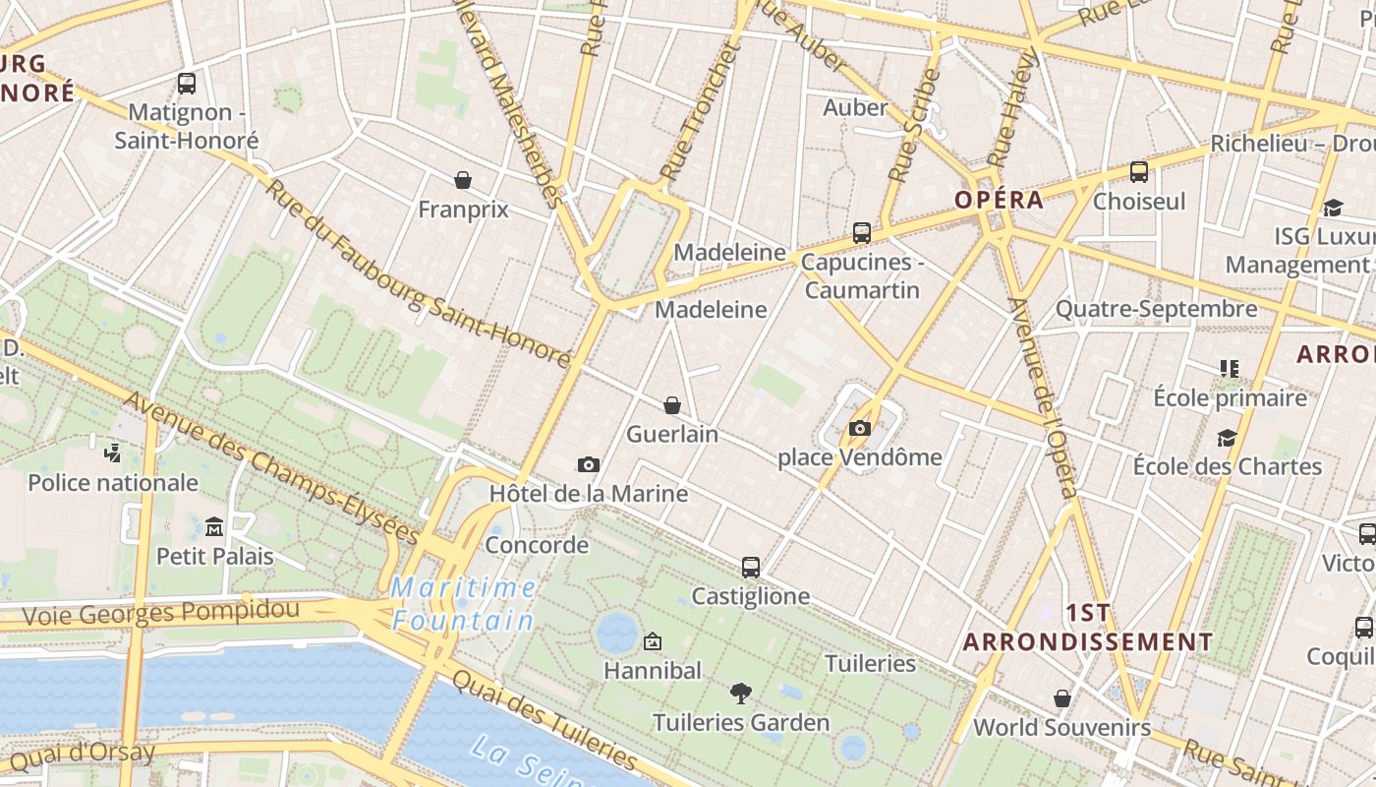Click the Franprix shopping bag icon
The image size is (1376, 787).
click(x=463, y=180)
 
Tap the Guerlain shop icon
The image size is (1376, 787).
click(x=672, y=405)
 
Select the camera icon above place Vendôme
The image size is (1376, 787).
click(x=860, y=428)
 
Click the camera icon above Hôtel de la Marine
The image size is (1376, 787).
click(x=589, y=464)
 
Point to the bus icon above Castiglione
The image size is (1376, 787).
click(x=751, y=567)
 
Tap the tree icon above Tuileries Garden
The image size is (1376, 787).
click(x=741, y=694)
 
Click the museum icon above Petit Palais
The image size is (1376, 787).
click(x=214, y=527)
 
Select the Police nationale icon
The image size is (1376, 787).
click(x=113, y=454)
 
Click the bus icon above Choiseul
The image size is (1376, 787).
click(x=1139, y=172)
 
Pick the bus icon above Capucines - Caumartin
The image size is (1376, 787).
click(x=862, y=233)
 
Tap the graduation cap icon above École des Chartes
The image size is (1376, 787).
click(x=1227, y=438)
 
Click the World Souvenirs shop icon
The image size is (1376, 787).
click(x=1061, y=698)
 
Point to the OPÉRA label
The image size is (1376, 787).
click(x=999, y=200)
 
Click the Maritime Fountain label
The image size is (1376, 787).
click(x=464, y=604)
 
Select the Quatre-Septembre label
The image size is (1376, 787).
click(x=1156, y=310)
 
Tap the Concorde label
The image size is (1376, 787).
click(x=537, y=545)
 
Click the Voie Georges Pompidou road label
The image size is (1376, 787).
click(x=160, y=613)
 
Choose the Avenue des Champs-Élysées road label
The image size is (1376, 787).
click(x=272, y=468)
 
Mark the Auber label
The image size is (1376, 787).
click(x=855, y=107)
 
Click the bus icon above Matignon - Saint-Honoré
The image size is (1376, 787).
click(x=187, y=84)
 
